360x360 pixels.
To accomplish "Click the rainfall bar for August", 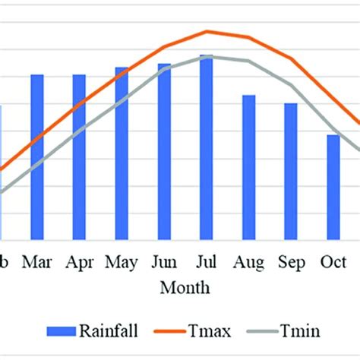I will click(x=248, y=166).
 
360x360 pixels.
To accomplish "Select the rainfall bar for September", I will click(x=291, y=170).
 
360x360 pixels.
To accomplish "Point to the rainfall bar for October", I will click(x=333, y=186).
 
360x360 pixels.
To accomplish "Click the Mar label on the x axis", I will click(x=37, y=263).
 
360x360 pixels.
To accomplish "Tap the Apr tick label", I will click(x=80, y=263).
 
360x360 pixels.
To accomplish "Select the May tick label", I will click(x=122, y=263).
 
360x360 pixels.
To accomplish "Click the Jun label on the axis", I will click(x=164, y=263).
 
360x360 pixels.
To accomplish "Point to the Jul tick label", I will click(x=207, y=263).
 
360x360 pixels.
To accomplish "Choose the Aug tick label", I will click(x=249, y=263).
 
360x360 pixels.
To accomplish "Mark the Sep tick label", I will click(x=292, y=263).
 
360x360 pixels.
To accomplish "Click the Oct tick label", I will click(x=333, y=263).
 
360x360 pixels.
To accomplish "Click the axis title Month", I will click(x=185, y=289).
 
